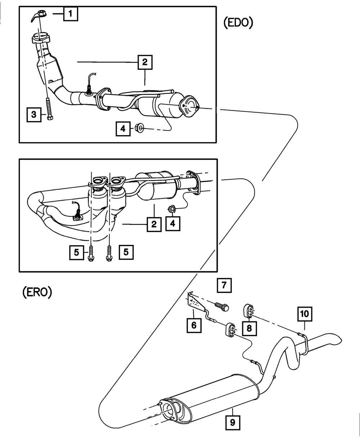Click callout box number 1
(71, 14)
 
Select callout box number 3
(34, 115)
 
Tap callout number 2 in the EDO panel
(145, 62)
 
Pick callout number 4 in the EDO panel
(123, 129)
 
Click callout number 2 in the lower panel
(154, 224)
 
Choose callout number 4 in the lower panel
(173, 223)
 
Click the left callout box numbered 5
(77, 252)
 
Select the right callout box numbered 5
(126, 252)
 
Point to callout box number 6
(194, 325)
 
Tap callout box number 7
(224, 285)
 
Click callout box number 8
(249, 328)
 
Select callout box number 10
(305, 314)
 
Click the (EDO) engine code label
(238, 23)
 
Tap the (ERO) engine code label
(37, 292)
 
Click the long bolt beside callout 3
(49, 109)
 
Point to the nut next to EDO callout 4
(139, 128)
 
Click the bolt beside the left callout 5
(90, 253)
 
